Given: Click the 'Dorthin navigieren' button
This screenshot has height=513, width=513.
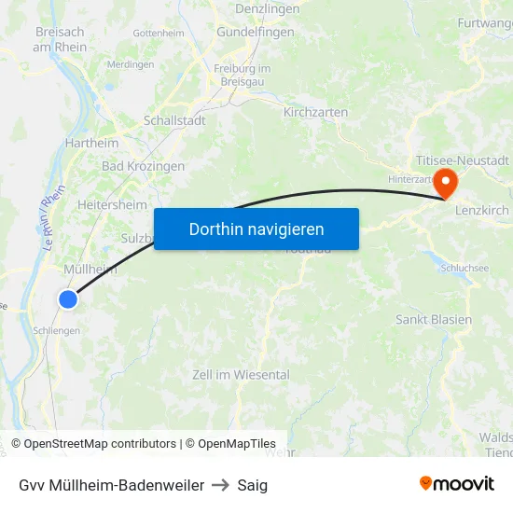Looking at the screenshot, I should point(256,229).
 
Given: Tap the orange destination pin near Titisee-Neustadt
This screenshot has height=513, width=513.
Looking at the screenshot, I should point(446,183).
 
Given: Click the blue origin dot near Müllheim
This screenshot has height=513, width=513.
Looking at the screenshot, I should point(68,298).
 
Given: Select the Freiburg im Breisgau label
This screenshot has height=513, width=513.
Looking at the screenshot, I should point(242,76).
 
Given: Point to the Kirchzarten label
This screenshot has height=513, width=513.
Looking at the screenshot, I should point(315,112).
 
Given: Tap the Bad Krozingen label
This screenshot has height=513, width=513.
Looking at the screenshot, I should point(143,166).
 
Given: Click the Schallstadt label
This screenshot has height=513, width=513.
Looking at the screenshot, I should point(174,120).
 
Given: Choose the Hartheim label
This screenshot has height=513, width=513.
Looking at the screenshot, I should point(91,144).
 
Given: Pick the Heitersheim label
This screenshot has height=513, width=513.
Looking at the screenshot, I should point(113,204).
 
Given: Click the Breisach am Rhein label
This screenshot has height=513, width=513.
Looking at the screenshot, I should point(60,39).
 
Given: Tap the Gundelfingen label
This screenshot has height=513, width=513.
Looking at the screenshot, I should point(256,32).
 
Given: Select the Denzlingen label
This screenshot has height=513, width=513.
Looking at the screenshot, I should point(268,8).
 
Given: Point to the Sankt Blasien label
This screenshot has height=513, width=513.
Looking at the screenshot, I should point(434,319).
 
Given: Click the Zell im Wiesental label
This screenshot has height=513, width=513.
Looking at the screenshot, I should point(241,375).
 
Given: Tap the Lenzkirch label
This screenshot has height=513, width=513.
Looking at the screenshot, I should point(482,211).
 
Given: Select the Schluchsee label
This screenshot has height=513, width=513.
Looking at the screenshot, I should point(464,267).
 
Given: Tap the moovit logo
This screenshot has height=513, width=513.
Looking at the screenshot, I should point(457,484).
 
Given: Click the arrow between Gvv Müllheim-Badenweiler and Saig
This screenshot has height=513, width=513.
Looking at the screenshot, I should point(221,485).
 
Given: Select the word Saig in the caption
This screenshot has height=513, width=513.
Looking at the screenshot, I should point(252,485).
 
